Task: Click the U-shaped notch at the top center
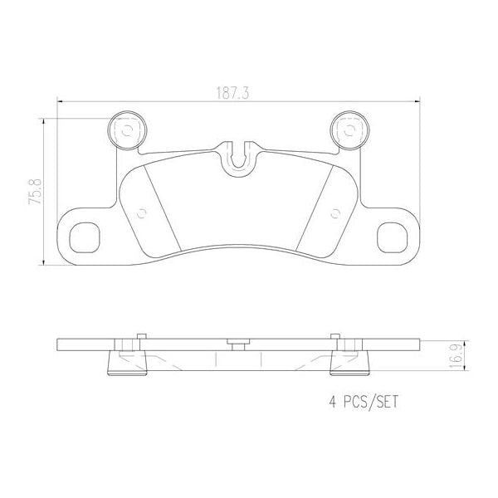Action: pos(238,156)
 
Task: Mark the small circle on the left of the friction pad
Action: pos(140,211)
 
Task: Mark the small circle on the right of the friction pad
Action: pos(335,211)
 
